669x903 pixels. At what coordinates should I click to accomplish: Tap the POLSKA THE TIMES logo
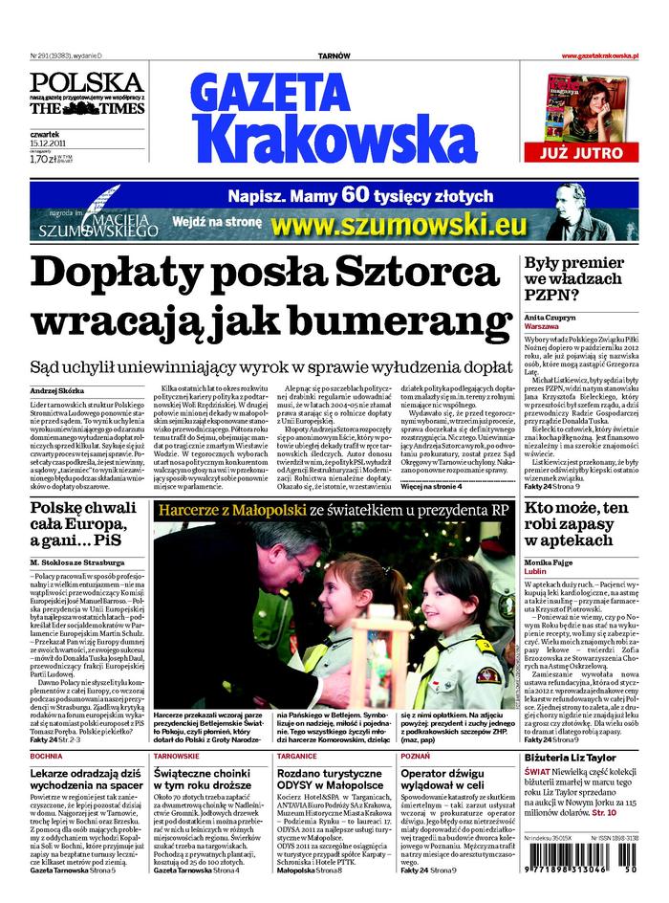point(86,94)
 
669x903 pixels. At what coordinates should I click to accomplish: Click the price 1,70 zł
point(43,160)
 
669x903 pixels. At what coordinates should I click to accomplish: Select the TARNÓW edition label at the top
point(334,56)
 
